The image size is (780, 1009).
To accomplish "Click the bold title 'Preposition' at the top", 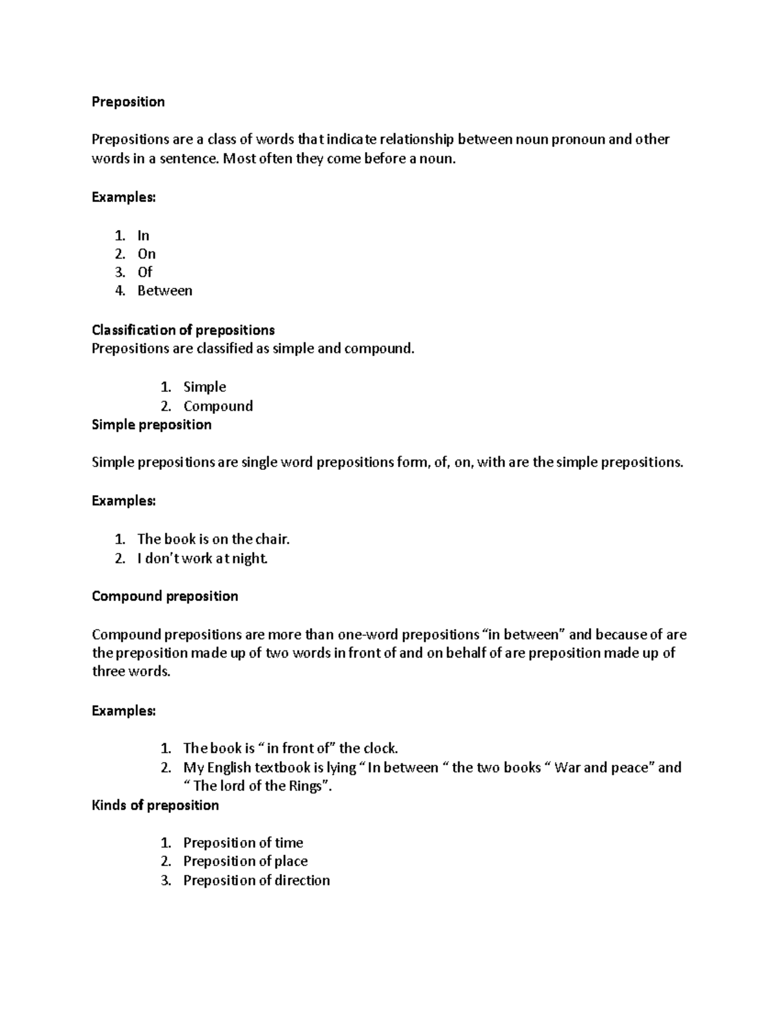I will [x=128, y=102].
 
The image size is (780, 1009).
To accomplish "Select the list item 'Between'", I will [x=164, y=291].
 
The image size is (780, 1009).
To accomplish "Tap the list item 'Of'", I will [x=144, y=272].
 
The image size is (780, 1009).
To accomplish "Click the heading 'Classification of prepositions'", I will [x=183, y=330].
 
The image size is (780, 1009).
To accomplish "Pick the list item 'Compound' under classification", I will [x=218, y=406].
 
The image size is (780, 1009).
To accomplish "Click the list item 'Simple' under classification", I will [x=205, y=387].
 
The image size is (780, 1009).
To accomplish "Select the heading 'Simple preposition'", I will [x=151, y=425].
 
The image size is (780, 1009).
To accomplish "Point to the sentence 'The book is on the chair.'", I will [x=213, y=539].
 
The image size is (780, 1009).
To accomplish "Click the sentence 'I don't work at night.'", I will [x=202, y=558].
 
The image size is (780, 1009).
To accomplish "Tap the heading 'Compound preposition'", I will [x=165, y=596].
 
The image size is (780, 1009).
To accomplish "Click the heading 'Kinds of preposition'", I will [x=155, y=806].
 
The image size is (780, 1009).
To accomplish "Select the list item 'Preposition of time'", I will [x=243, y=843].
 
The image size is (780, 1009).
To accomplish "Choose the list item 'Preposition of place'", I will [x=245, y=862].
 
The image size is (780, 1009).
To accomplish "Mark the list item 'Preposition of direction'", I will [x=256, y=880].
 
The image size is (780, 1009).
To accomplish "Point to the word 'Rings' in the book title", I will [x=305, y=786].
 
